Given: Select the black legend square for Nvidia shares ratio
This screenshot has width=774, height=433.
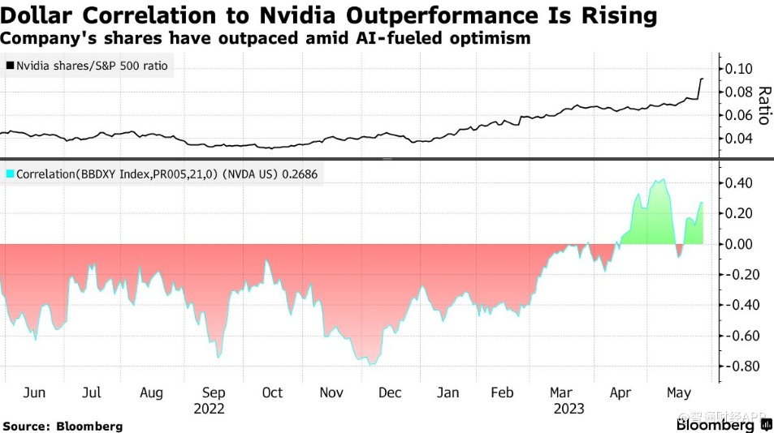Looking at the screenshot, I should click(10, 66).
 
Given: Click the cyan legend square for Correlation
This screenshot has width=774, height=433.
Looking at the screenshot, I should click(10, 174).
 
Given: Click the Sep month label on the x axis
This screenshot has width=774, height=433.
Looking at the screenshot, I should click(214, 392).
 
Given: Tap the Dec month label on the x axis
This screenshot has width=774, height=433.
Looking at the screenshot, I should click(391, 392).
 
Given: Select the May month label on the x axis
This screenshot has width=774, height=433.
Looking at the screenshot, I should click(680, 392).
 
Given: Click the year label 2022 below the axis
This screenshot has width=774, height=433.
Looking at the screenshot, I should click(209, 409).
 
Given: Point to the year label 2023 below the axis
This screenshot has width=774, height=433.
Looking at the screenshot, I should click(569, 409).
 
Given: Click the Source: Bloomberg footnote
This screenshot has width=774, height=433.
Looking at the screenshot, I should click(63, 426).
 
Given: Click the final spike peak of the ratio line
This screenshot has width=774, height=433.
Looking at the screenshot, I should click(702, 79).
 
